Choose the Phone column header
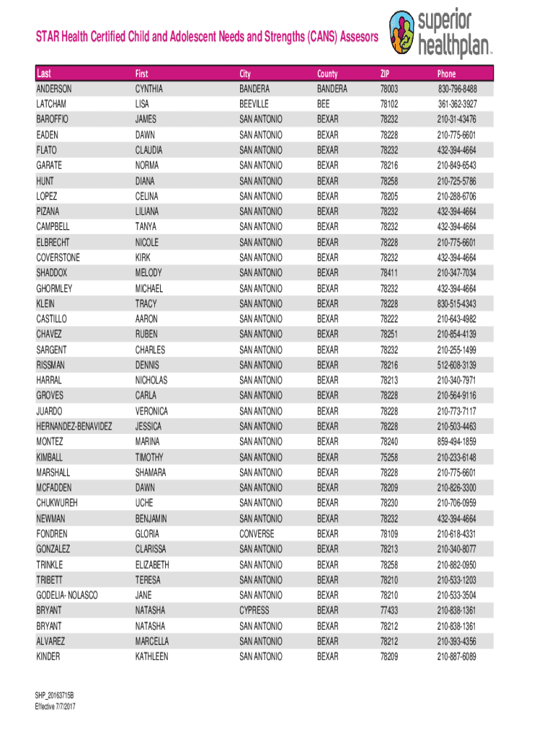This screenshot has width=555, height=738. pyautogui.click(x=446, y=74)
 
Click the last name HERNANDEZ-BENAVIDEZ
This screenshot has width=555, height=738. pyautogui.click(x=74, y=426)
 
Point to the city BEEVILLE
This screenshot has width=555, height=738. pyautogui.click(x=254, y=104)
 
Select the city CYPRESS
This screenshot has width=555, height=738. pyautogui.click(x=254, y=610)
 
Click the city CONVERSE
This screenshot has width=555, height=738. pyautogui.click(x=257, y=534)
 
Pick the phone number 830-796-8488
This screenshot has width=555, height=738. pyautogui.click(x=456, y=89)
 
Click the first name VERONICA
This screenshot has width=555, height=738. pyautogui.click(x=151, y=411)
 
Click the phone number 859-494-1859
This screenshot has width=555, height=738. pyautogui.click(x=456, y=441)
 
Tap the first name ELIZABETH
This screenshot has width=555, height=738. pyautogui.click(x=152, y=564)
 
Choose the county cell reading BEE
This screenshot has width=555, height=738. pyautogui.click(x=324, y=104)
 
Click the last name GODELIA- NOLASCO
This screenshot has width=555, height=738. pyautogui.click(x=67, y=595)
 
